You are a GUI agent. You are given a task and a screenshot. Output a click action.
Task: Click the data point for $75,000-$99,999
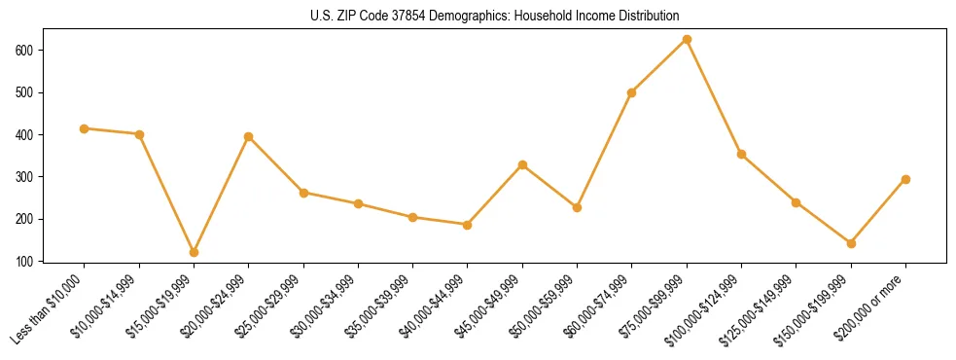(687, 39)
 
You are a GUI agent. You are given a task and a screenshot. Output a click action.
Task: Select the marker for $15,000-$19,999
(194, 252)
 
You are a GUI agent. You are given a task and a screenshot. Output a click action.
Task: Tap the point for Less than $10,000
(85, 128)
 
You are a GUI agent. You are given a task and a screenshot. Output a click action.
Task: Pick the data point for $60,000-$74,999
(632, 92)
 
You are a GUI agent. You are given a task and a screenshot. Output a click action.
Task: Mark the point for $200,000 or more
(905, 179)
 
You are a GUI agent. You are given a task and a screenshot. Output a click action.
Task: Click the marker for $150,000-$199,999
(851, 243)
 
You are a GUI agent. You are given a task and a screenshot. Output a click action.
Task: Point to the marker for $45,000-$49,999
(522, 164)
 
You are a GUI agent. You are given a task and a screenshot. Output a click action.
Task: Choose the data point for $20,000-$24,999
(249, 136)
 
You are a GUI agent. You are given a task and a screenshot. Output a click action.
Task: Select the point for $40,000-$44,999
(468, 225)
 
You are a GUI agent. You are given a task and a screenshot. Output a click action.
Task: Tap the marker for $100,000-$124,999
(741, 154)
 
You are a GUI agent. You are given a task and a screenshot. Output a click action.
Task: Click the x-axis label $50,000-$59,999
(549, 305)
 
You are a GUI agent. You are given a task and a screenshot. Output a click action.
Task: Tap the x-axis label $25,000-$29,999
(276, 305)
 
